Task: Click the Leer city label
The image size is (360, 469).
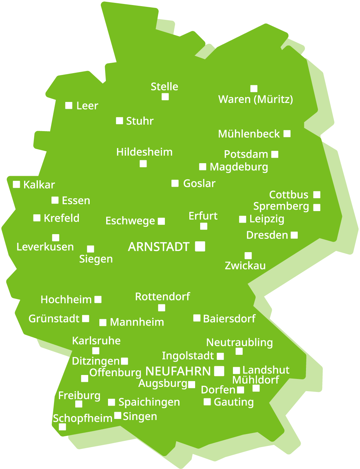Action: click(x=87, y=106)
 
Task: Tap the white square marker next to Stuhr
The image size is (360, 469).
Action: click(x=120, y=121)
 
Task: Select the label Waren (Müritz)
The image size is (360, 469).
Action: click(x=256, y=99)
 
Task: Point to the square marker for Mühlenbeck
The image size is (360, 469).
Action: click(x=287, y=134)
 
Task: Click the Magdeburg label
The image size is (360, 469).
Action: click(x=239, y=167)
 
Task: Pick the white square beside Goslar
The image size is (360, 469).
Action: click(x=175, y=183)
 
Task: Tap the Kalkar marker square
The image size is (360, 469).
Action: click(x=17, y=184)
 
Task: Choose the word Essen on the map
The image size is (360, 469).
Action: click(x=76, y=201)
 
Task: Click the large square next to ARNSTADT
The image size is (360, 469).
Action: click(x=200, y=246)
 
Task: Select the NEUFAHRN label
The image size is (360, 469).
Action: click(x=178, y=371)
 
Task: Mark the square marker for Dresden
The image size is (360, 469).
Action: click(x=294, y=235)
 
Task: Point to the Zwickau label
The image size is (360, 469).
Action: click(x=245, y=266)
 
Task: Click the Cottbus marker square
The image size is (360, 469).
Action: click(x=317, y=195)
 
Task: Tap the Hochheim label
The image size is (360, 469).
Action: click(x=66, y=300)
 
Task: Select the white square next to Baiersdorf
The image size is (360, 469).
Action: click(x=197, y=318)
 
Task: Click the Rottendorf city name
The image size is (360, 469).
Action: click(x=162, y=297)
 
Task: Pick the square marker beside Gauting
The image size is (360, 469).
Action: click(x=207, y=402)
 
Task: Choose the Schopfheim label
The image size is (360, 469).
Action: click(x=83, y=419)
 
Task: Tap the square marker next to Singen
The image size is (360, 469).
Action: click(x=118, y=416)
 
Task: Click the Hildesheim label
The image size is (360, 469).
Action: click(x=144, y=152)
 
